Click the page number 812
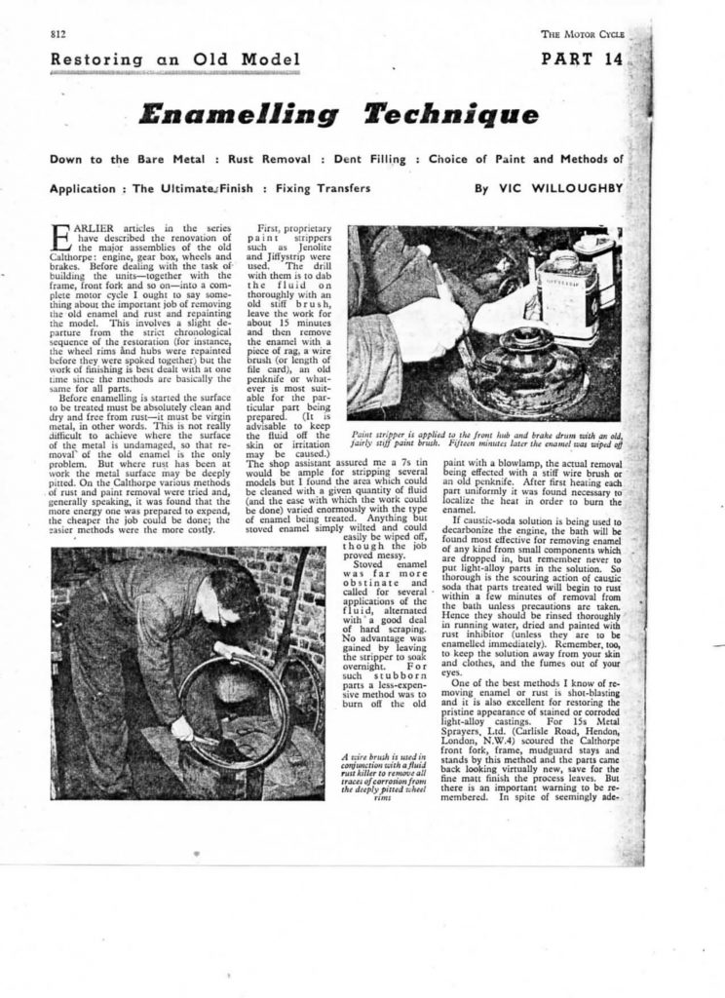pyautogui.click(x=57, y=35)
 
